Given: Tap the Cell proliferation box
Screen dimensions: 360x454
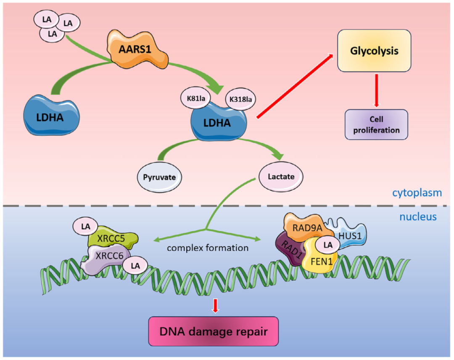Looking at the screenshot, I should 376,124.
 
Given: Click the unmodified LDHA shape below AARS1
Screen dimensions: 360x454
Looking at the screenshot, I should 51,116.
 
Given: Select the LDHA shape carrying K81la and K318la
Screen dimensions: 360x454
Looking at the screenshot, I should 218,123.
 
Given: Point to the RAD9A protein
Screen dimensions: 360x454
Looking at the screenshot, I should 305,227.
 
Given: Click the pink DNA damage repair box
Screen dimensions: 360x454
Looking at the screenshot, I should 214,331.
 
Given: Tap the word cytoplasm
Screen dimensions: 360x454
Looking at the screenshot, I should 417,193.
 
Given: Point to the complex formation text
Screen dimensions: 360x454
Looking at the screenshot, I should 208,248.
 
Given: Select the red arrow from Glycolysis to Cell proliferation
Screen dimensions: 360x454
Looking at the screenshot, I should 377,90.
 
